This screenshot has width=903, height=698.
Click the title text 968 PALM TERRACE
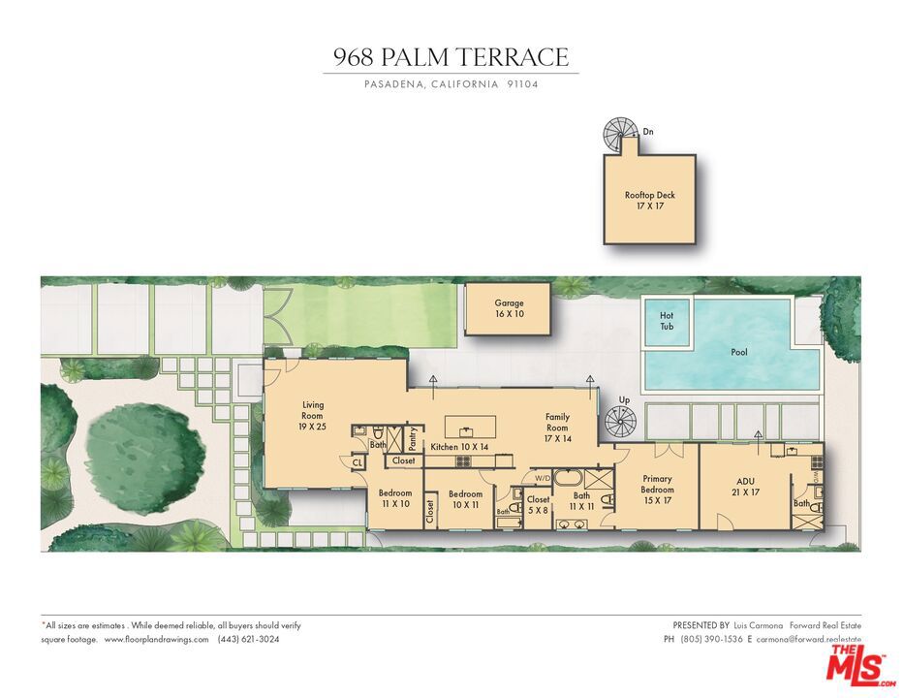point(451,57)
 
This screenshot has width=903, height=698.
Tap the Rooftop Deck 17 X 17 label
point(650,201)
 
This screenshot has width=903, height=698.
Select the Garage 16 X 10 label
point(509,308)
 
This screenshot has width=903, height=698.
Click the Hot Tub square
point(667,321)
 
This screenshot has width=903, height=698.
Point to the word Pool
point(739,353)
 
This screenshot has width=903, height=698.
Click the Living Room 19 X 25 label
point(313,416)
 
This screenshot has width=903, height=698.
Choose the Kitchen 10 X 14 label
point(459,447)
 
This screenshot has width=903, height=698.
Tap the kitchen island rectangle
point(470,427)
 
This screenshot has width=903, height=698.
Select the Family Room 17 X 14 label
point(557,428)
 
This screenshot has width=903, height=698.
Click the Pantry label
point(413,439)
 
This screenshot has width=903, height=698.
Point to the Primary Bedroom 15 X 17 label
point(657,490)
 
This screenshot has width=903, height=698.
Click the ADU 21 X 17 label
point(745,486)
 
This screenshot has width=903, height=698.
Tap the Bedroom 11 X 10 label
point(395,498)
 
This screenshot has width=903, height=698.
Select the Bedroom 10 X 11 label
point(465,499)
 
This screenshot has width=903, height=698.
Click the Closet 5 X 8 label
point(538,504)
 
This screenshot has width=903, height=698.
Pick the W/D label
point(542,477)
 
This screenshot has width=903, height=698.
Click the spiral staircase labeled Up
point(619,423)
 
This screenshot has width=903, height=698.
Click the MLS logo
point(858,665)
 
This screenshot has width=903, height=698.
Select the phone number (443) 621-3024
point(248,640)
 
